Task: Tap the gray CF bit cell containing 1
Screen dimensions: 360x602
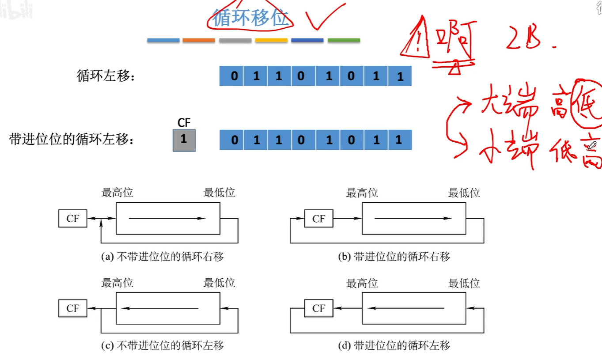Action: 184,140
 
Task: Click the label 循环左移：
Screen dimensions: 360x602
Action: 105,76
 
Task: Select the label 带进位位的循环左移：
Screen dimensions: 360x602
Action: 71,140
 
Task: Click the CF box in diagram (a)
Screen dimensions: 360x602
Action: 72,219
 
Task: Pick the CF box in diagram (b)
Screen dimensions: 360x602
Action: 318,219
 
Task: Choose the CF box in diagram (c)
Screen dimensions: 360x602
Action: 72,308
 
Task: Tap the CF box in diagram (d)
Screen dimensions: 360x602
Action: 318,308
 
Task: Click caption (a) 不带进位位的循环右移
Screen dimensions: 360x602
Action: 163,257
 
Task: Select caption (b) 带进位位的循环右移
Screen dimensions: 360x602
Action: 394,257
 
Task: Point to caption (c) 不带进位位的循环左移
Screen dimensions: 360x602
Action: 163,345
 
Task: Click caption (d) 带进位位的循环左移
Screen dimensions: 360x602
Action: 394,345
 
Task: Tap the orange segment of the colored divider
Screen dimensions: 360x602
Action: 199,40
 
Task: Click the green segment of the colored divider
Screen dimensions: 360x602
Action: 344,40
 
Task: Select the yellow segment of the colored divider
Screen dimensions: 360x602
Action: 271,40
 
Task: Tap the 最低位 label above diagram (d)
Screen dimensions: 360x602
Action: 464,283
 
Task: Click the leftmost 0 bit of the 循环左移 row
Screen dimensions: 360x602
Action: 234,76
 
